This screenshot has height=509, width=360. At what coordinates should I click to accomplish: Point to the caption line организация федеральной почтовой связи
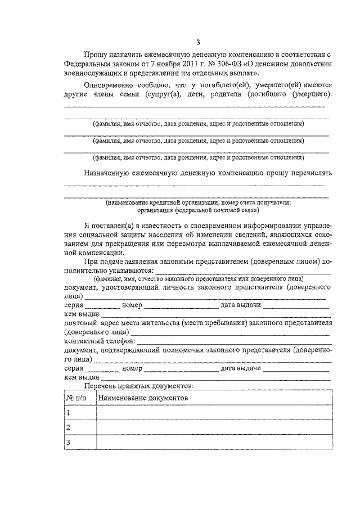click(x=198, y=210)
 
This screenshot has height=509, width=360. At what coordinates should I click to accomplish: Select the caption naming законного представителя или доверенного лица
click(x=198, y=279)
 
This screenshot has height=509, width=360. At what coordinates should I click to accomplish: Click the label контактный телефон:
click(x=100, y=341)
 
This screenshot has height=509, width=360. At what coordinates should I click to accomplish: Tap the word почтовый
click(x=80, y=323)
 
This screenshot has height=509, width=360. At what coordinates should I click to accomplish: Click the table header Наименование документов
click(x=143, y=398)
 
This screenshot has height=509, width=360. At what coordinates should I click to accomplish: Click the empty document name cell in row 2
click(x=214, y=428)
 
